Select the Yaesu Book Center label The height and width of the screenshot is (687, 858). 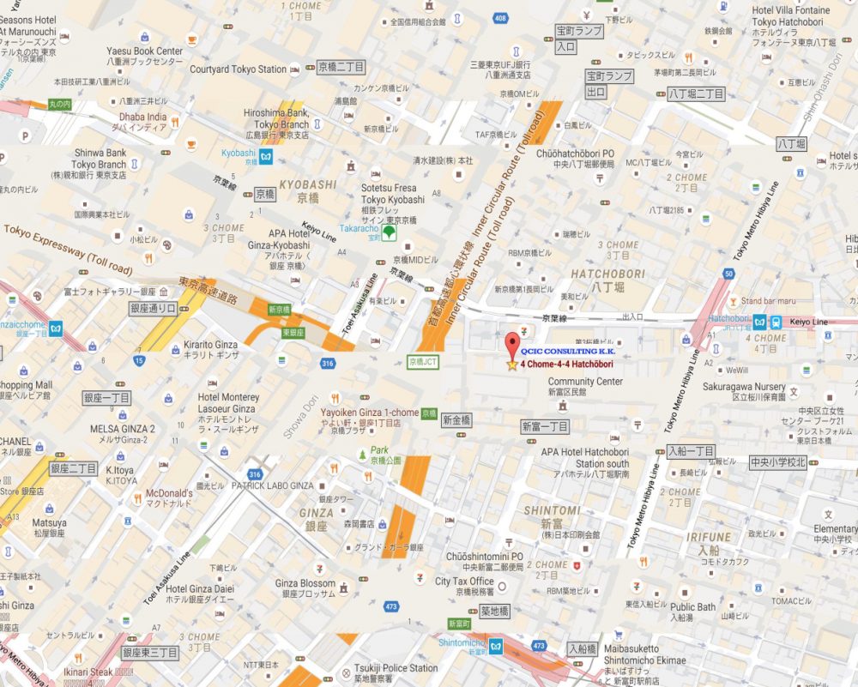(145, 51)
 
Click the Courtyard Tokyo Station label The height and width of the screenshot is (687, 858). (238, 69)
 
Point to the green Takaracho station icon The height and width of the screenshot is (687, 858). (390, 232)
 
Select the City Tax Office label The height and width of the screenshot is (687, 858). (464, 582)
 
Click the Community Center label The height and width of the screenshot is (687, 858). (585, 381)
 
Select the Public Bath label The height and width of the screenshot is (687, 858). (693, 607)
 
